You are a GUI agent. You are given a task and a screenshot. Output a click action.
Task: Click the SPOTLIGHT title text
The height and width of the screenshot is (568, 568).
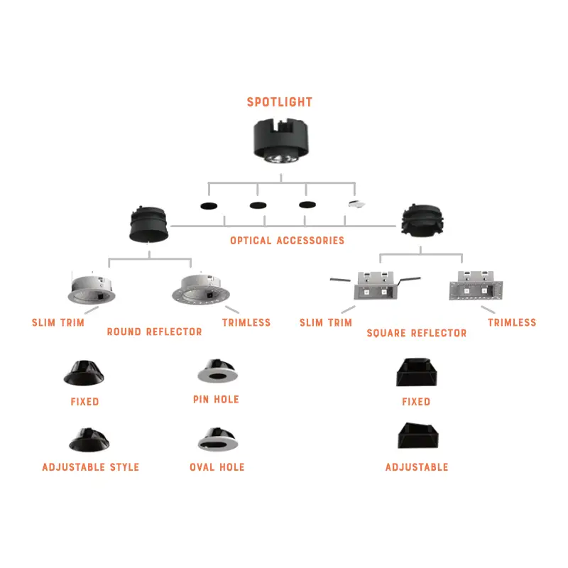pos(279,102)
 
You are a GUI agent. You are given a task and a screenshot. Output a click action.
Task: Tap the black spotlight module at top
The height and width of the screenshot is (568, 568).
pos(283,141)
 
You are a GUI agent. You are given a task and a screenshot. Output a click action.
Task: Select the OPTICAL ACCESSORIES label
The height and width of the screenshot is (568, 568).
pos(287,241)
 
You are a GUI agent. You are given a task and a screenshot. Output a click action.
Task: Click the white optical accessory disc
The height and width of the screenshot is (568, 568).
pos(356,204)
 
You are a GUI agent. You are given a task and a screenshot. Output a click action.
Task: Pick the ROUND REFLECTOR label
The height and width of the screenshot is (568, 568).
pos(154,332)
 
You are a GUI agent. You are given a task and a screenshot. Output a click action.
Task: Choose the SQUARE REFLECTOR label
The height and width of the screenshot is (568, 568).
pos(416,332)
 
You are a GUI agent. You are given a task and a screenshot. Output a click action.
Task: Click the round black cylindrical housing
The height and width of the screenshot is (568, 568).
pos(148,225)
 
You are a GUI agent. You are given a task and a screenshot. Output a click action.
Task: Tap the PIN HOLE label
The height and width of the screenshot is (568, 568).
pos(216,400)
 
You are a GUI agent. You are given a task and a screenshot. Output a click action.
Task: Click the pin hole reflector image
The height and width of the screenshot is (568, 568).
pos(216,373)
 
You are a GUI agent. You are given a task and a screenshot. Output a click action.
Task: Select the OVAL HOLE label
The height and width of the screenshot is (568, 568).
pos(217,467)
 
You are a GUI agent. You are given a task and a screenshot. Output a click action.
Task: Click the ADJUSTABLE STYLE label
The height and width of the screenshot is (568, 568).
pos(90,467)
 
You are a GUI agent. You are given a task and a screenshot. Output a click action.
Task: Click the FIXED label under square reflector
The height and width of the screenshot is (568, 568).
pos(416,402)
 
